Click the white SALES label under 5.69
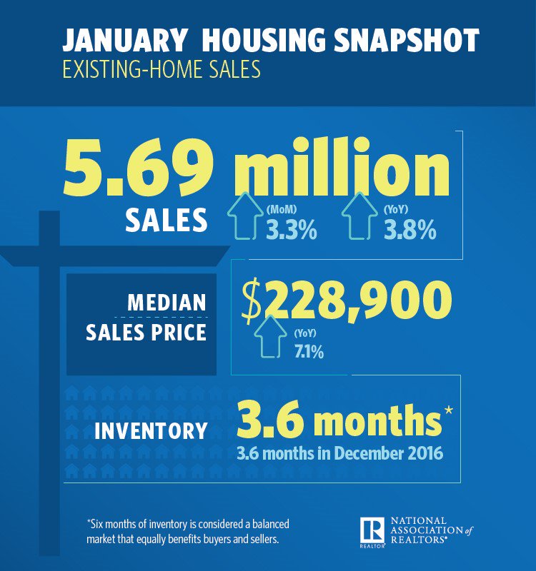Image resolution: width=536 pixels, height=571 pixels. [x=166, y=221]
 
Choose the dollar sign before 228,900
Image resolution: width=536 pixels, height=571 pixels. [x=251, y=303]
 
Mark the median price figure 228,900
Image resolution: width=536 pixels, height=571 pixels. [x=357, y=302]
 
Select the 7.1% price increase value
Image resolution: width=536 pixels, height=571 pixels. [x=309, y=352]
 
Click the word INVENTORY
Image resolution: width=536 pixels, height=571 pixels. [x=151, y=430]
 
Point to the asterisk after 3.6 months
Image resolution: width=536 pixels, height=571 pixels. [x=449, y=411]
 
